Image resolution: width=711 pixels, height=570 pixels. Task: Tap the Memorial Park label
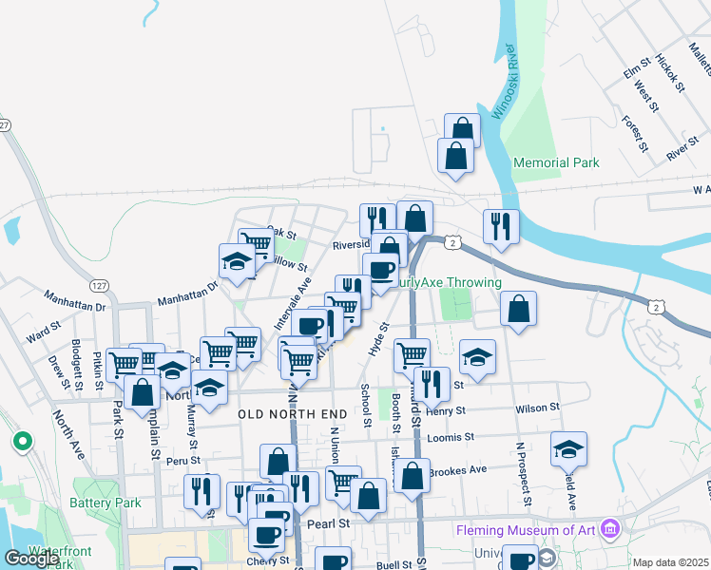[556, 162]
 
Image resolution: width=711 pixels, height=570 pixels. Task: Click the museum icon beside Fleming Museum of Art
[611, 528]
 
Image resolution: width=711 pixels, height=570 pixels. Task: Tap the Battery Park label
[105, 503]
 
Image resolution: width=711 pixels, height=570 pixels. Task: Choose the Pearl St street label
[328, 522]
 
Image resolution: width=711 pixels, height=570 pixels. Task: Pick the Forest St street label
[634, 134]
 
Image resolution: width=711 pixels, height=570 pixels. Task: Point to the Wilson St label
[538, 408]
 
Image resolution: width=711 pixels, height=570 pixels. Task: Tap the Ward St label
[44, 334]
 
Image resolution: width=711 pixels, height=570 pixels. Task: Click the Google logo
[32, 559]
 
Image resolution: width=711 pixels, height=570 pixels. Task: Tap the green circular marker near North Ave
[21, 442]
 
